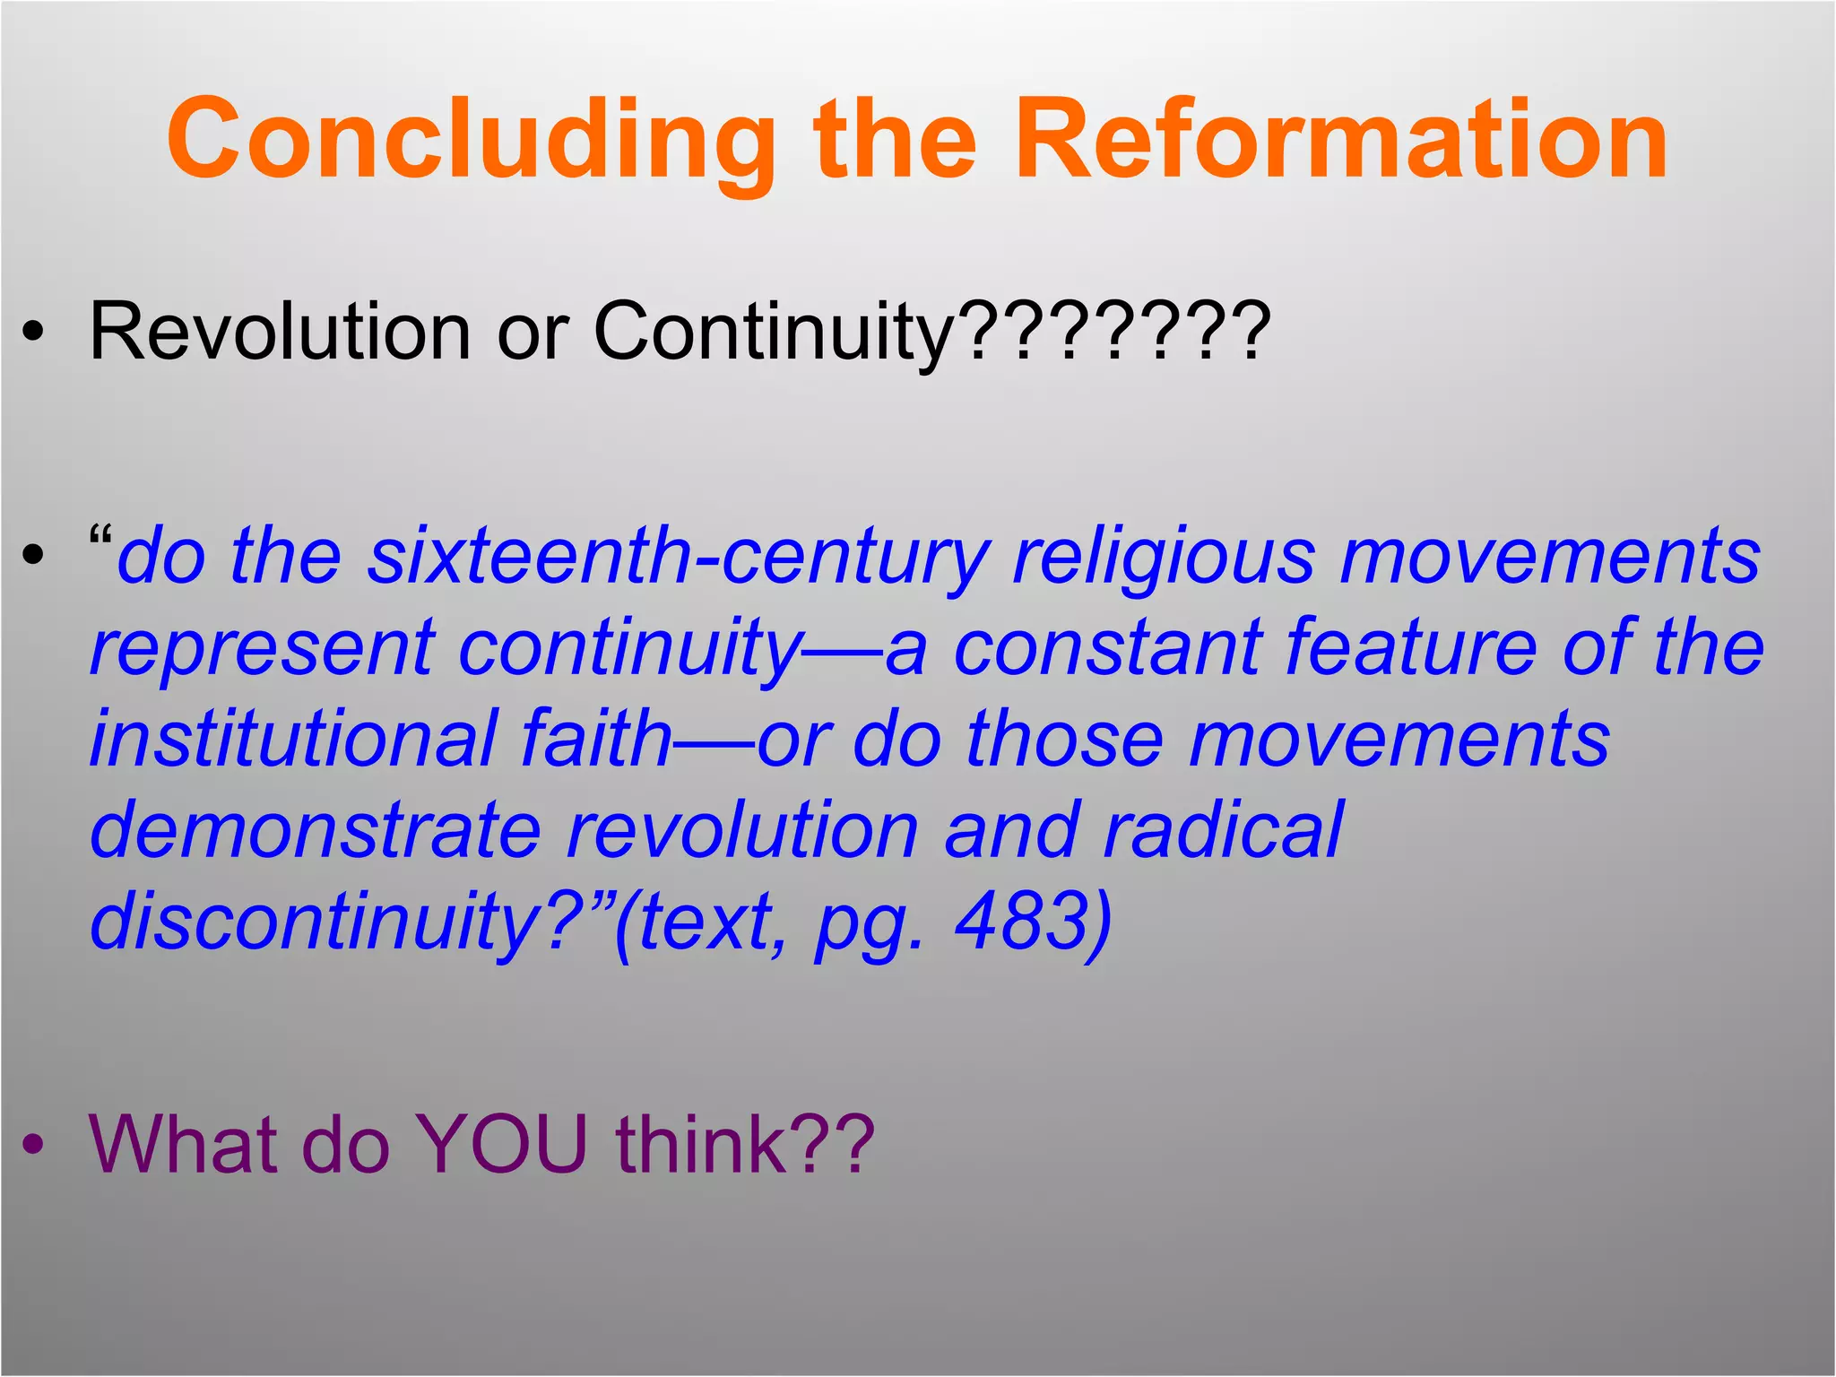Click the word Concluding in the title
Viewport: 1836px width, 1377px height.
coord(471,141)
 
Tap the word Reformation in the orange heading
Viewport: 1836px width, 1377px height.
coord(1340,141)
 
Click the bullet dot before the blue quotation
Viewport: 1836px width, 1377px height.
coord(33,556)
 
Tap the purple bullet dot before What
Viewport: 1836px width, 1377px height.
coord(33,1145)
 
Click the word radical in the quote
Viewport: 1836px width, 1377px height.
coord(1223,830)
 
